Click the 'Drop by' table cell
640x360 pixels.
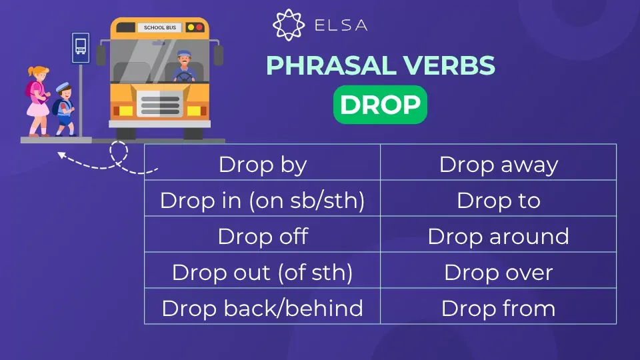click(x=263, y=164)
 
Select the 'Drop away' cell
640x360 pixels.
click(x=499, y=164)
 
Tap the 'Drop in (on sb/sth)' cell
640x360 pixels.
click(x=263, y=200)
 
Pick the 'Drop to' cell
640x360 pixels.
click(x=499, y=200)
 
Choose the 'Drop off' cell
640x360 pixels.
click(x=263, y=236)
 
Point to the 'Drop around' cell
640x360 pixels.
click(x=499, y=236)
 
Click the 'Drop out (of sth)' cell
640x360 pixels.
click(x=263, y=272)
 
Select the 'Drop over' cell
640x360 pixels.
click(x=499, y=272)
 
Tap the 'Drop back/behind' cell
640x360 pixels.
click(x=263, y=308)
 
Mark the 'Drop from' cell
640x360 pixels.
click(x=499, y=308)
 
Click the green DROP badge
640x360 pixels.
click(x=380, y=105)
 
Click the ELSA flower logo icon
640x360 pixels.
click(x=288, y=25)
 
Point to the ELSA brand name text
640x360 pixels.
click(x=340, y=26)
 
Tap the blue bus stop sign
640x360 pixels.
click(x=81, y=48)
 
